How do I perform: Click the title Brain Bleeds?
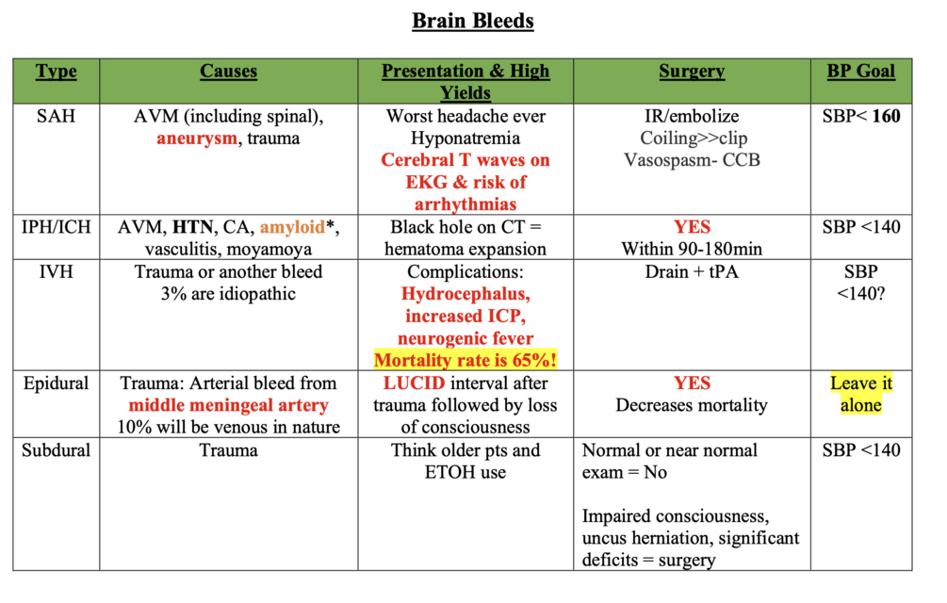point(473,21)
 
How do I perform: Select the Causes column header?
point(228,72)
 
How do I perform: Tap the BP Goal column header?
point(862,72)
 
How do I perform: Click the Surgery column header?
point(691,72)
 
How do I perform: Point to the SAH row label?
point(56,117)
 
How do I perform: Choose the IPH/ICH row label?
point(56,227)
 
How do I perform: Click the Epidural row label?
point(56,383)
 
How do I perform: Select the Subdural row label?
point(56,450)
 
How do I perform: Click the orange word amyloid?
point(290,227)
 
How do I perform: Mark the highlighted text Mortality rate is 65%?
point(465,360)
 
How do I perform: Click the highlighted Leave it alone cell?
point(862,395)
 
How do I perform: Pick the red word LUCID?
point(415,383)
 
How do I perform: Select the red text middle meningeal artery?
point(229,405)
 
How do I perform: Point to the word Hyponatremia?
point(465,139)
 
